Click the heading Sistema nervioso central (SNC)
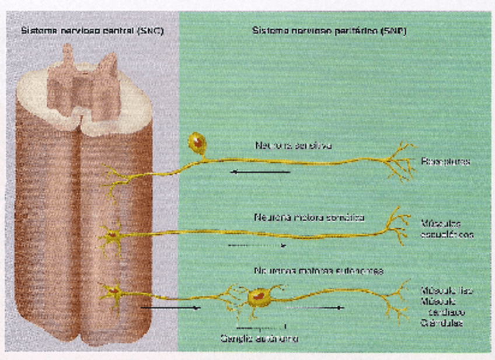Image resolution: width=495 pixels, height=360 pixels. point(92,30)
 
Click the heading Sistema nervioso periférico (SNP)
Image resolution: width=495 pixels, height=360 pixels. point(329,30)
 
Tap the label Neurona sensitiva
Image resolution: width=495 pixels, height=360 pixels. point(293,145)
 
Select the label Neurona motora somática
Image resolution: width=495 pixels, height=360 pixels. point(309,218)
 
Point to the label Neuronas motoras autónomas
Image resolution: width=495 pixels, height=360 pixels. point(318,271)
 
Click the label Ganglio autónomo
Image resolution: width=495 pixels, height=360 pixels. point(259,338)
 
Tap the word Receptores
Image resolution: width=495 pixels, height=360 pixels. point(445,162)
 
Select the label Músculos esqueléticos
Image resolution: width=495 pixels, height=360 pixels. point(447,229)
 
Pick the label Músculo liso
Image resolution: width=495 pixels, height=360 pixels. point(447,291)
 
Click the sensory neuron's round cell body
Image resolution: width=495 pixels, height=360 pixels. point(197,142)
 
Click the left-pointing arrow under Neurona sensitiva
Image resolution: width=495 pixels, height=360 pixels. point(260,172)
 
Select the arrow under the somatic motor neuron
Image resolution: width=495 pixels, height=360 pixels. point(257,246)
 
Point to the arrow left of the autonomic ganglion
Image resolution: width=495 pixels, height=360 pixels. point(170,307)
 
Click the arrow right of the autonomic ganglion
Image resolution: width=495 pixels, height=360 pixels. point(315,307)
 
